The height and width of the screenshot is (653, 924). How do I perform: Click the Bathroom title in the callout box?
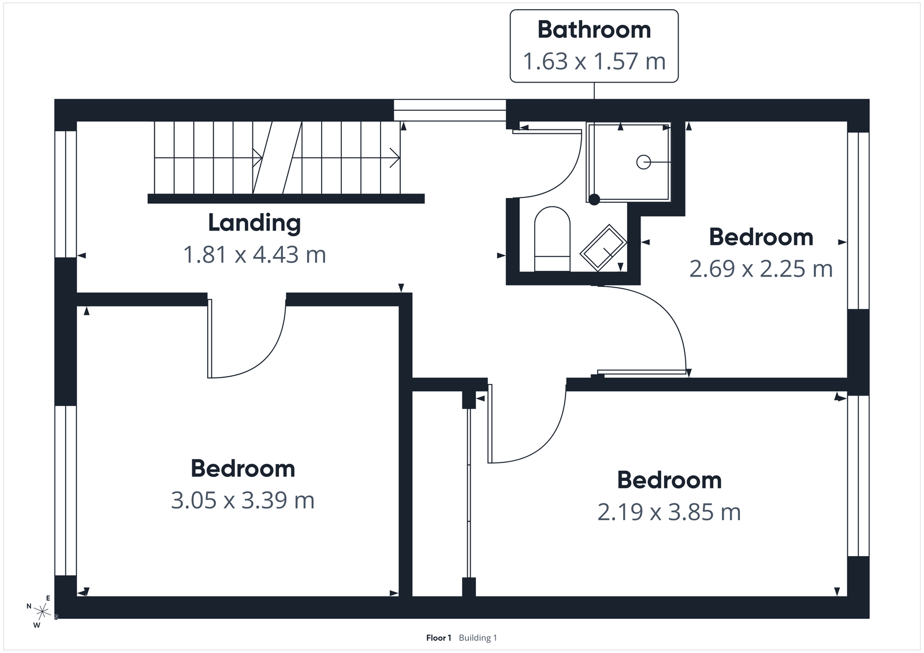(x=594, y=30)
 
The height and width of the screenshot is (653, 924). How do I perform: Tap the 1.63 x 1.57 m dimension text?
(x=594, y=61)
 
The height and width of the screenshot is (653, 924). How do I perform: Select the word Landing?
(x=254, y=223)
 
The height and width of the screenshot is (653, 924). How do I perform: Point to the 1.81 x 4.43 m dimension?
(x=254, y=254)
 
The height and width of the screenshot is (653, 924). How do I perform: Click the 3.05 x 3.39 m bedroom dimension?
(x=243, y=500)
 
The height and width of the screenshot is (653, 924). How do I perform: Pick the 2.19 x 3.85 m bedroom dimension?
(x=669, y=512)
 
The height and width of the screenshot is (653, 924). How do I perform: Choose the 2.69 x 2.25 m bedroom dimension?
(x=761, y=268)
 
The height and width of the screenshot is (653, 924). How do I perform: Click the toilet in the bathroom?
(x=552, y=238)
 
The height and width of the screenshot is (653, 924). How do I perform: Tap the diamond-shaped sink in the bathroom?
(x=603, y=247)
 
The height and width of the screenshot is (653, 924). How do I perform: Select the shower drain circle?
(x=643, y=162)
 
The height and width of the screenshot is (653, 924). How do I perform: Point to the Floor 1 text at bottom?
(x=438, y=638)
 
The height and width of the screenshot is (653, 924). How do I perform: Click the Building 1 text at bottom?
(x=478, y=638)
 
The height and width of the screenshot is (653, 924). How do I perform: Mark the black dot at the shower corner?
(x=594, y=199)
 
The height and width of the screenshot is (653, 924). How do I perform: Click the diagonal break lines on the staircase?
(x=277, y=157)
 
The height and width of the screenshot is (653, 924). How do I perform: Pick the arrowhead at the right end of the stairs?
(x=396, y=157)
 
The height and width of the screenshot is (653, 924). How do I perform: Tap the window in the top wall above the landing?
(x=449, y=110)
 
